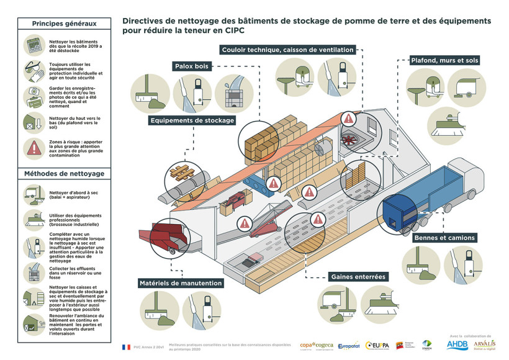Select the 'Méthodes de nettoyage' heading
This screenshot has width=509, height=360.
[x=64, y=173]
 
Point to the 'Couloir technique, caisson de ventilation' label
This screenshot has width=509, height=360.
[x=287, y=49]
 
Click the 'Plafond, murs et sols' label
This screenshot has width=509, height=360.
[x=445, y=61]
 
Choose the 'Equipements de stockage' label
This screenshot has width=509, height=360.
[x=191, y=120]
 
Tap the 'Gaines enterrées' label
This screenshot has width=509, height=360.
[x=358, y=276]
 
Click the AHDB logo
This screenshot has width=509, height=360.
[x=457, y=344]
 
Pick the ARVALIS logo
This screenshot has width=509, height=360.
[x=484, y=344]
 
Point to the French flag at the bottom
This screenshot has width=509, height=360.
[x=126, y=347]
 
